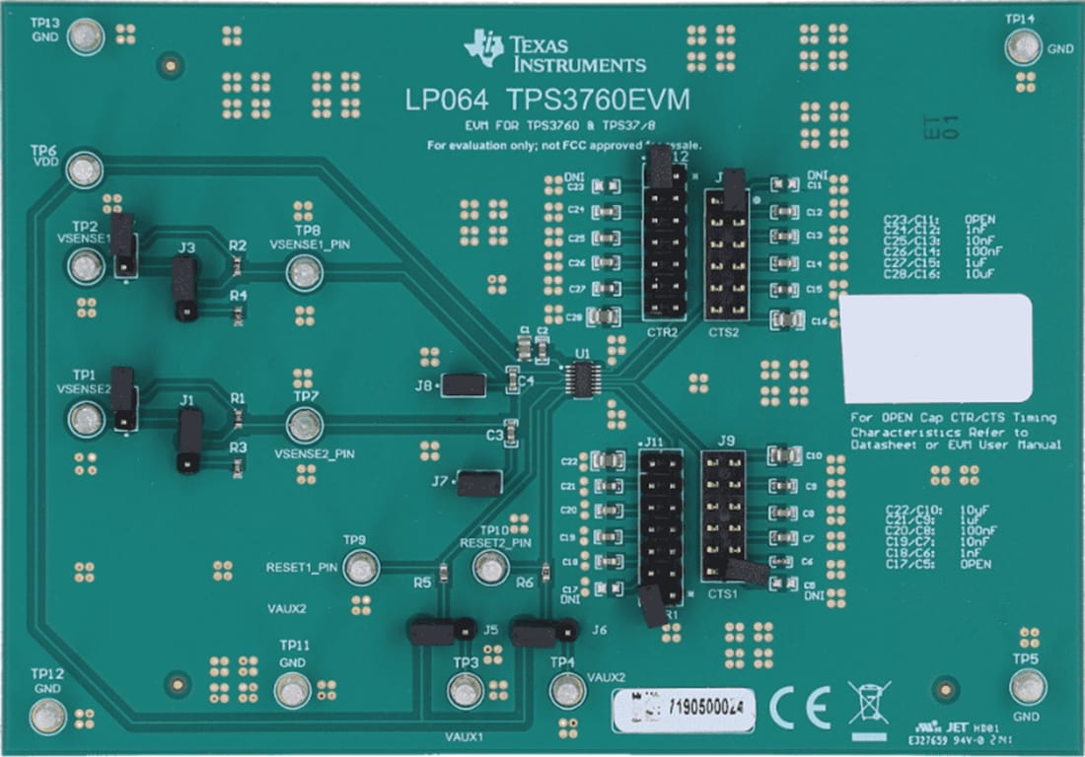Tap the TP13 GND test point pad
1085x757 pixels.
(x=87, y=37)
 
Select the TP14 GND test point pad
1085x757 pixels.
(x=1023, y=46)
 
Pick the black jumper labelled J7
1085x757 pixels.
(x=479, y=483)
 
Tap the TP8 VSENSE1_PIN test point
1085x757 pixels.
(x=305, y=273)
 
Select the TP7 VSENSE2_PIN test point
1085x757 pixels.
(x=305, y=426)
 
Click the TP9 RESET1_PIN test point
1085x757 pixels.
(x=362, y=568)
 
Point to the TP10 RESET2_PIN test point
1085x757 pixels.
(x=490, y=568)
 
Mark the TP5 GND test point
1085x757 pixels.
(x=1028, y=686)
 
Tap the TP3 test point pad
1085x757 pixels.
(x=465, y=691)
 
